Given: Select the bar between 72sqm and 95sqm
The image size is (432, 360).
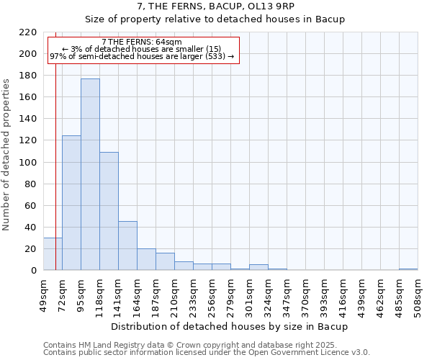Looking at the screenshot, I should coord(71,202).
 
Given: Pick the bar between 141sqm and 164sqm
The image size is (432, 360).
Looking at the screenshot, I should coord(127,246).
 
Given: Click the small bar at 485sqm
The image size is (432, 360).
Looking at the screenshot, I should coord(408,269).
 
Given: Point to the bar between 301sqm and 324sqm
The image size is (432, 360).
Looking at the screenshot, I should coord(258,267).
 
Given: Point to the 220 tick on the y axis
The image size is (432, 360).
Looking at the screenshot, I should coord(29,32).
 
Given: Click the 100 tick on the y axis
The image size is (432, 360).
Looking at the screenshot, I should coord(29,163).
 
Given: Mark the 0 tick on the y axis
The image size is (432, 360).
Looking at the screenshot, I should coord(34,271).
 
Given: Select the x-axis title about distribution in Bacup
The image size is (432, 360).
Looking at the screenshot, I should coord(230,326).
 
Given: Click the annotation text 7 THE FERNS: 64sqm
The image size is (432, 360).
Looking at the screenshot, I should coord(142,42).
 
